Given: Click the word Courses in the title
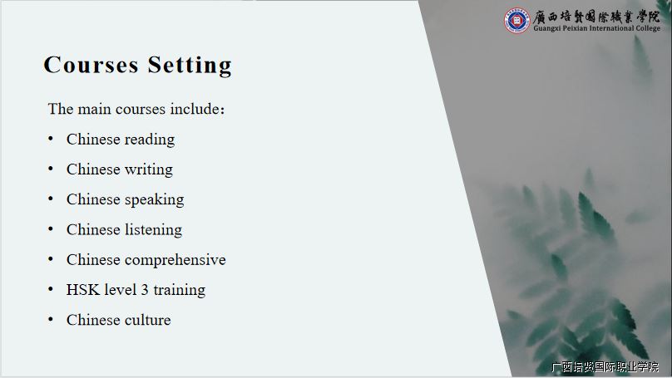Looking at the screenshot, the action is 91,65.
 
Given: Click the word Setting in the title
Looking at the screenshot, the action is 190,66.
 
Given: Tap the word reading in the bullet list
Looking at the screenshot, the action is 150,140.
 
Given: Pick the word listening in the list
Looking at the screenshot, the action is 153,230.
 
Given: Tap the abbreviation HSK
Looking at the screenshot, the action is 81,290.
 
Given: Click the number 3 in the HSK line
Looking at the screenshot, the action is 145,290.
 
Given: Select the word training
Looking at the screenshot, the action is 180,290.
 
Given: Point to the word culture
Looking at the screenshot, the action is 148,320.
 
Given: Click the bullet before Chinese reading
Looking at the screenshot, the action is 51,139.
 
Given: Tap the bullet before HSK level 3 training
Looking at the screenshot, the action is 51,289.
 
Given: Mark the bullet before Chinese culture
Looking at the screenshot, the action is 51,319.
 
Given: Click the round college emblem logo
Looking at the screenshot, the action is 516,20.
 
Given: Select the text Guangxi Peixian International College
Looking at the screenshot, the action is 596,28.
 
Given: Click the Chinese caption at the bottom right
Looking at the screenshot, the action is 605,367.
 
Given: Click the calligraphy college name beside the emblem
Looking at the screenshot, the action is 596,17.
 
